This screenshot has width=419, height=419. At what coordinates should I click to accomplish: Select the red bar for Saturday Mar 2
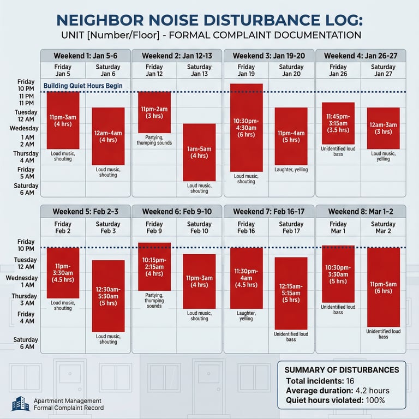[383, 287]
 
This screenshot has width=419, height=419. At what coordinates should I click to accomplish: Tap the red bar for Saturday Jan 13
[199, 152]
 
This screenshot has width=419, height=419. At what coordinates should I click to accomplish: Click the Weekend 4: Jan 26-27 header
[360, 56]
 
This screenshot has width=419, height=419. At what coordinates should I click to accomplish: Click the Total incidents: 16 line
[320, 381]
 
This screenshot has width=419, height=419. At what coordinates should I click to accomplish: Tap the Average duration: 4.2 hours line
[337, 391]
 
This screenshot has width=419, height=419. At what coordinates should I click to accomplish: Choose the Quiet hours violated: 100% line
[335, 400]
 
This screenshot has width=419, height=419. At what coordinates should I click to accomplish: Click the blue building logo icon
[20, 404]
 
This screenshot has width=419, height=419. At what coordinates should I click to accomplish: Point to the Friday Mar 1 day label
[338, 228]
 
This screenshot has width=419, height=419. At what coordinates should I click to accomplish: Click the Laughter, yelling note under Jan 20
[291, 170]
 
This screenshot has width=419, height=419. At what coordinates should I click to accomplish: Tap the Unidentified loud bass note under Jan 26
[338, 151]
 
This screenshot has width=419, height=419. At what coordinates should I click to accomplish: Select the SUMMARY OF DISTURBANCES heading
[342, 370]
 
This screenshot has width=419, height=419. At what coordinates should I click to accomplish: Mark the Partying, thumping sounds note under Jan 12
[154, 140]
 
